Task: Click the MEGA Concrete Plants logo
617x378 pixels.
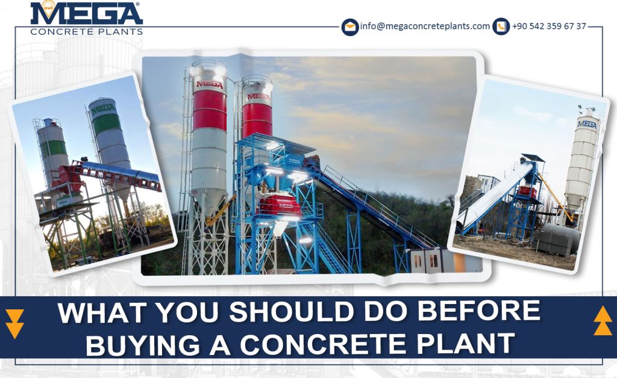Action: point(86,19)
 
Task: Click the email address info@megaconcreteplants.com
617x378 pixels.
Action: point(425,26)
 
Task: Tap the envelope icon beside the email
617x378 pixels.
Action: point(350,27)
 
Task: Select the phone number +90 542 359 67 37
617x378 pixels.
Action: point(550,26)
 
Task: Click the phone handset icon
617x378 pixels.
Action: point(501,26)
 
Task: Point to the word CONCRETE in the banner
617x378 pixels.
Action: point(323,344)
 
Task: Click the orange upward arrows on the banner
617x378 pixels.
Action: point(603,321)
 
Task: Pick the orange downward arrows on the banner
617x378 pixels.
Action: point(15,324)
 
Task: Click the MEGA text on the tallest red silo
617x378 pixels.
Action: point(209,84)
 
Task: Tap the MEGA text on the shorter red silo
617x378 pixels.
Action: point(258,96)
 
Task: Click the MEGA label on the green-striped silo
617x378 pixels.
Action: point(103,108)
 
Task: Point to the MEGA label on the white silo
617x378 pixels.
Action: point(587,125)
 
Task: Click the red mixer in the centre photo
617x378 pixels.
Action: point(279,205)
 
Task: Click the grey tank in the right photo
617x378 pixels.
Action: point(556,239)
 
